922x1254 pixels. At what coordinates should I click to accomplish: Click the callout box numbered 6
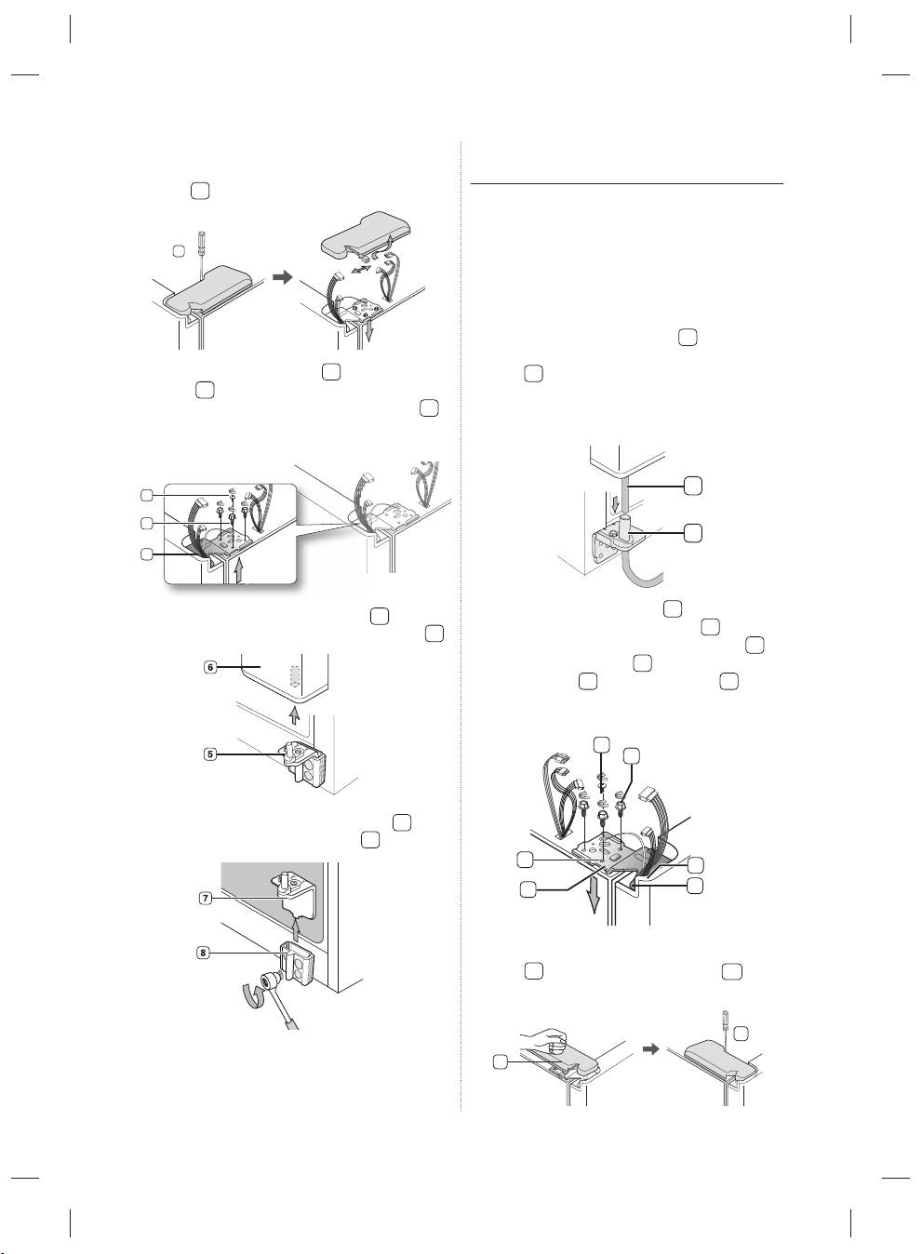tap(209, 667)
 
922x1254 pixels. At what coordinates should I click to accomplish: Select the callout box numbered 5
tap(209, 754)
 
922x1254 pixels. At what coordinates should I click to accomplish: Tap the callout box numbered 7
tap(206, 899)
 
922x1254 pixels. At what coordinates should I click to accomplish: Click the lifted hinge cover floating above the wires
tap(367, 234)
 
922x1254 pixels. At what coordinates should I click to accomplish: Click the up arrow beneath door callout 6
tap(296, 714)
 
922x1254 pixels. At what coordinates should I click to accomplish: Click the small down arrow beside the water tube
tap(615, 505)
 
